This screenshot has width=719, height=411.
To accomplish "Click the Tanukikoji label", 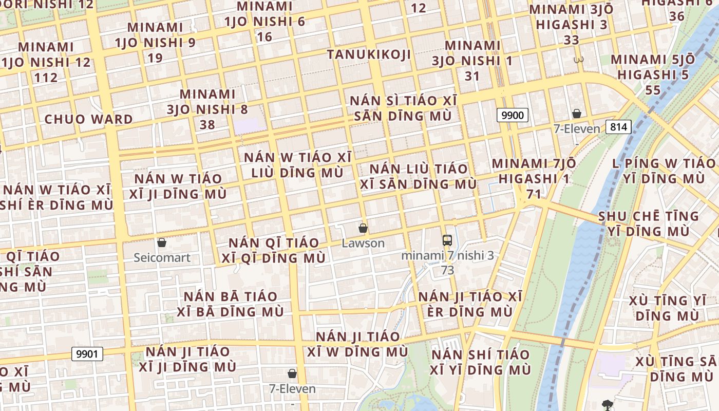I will (369, 54).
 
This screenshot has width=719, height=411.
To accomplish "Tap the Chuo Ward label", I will (88, 119).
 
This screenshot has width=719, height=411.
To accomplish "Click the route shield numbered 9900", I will (512, 115).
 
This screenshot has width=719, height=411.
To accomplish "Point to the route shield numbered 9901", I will (87, 354).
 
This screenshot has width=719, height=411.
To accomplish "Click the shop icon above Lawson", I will (363, 228).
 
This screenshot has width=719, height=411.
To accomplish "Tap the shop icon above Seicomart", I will (162, 242).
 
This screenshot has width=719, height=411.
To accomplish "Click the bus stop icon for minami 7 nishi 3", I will (447, 240).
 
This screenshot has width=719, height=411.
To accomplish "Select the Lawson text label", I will (363, 243).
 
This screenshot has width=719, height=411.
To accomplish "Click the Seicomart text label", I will (162, 257).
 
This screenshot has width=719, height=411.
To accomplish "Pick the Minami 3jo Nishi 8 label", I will (207, 109).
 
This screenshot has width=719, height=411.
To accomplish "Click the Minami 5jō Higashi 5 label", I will (653, 74).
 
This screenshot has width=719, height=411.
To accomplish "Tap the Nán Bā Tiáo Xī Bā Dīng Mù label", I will (230, 304).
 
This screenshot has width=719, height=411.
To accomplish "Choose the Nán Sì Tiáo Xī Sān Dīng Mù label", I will (403, 108).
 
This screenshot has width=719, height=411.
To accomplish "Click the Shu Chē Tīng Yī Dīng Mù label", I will (649, 223).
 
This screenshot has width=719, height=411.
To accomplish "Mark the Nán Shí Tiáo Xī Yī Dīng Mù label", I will (480, 362).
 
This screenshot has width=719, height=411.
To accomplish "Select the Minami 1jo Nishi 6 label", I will (264, 21).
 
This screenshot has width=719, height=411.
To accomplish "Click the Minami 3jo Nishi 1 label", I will (472, 61).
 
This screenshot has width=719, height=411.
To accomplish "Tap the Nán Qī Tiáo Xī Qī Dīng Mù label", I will (274, 250).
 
